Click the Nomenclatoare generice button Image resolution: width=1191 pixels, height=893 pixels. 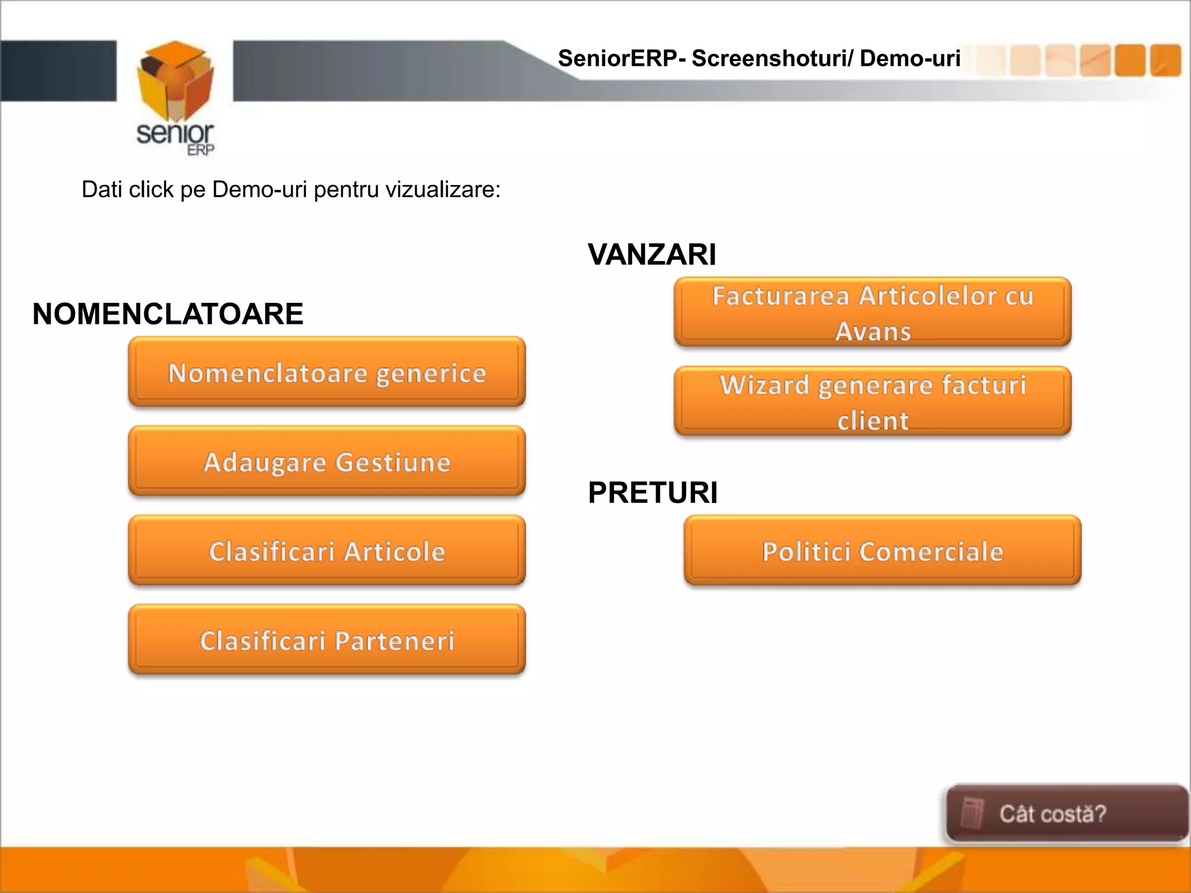tap(327, 373)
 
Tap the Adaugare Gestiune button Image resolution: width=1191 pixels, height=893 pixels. tap(327, 462)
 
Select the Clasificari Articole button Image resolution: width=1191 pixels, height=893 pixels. tap(327, 551)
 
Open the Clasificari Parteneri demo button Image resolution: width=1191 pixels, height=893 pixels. tap(327, 640)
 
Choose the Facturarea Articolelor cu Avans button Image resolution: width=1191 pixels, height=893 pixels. tap(872, 313)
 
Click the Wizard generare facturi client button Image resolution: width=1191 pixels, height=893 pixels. tap(872, 402)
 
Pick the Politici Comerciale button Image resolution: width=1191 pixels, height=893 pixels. tap(882, 551)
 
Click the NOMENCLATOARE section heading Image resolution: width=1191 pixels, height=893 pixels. tap(167, 314)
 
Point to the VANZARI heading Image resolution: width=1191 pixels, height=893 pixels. tap(652, 255)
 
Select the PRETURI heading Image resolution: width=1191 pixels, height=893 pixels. tap(652, 493)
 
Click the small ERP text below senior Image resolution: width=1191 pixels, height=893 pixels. tap(201, 150)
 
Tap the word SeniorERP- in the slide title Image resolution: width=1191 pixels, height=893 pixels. tap(622, 59)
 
